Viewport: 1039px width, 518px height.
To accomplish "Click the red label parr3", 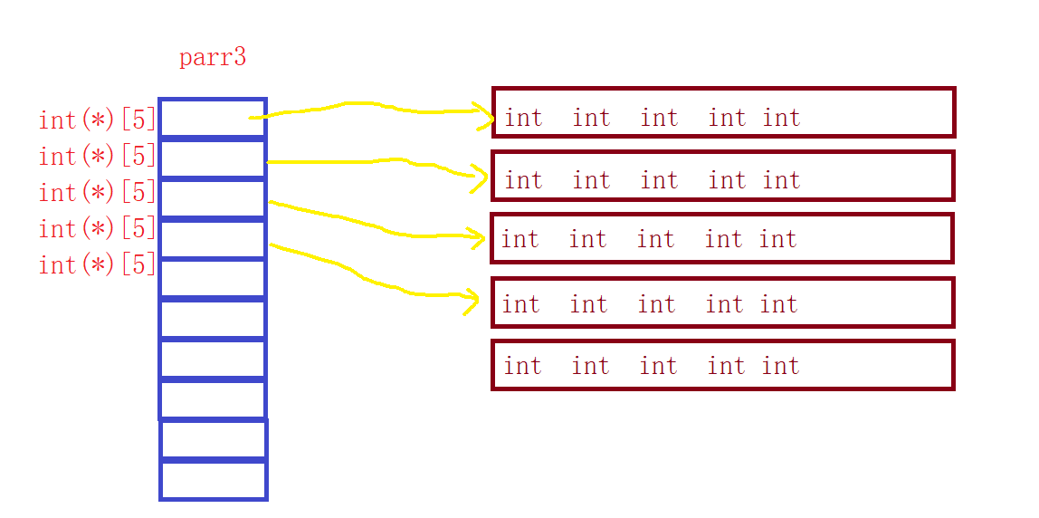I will [x=213, y=58].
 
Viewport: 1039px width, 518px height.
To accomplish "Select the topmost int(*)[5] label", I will [x=98, y=120].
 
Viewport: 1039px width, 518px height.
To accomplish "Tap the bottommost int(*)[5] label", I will [x=98, y=265].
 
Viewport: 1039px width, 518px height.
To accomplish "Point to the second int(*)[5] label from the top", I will [x=98, y=157].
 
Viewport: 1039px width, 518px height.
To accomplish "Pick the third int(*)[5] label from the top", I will [x=98, y=193].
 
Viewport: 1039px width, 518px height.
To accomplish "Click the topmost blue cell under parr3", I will [x=213, y=118].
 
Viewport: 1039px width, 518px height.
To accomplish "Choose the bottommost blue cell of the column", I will [x=214, y=480].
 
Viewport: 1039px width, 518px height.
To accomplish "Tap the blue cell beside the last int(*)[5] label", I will [x=213, y=278].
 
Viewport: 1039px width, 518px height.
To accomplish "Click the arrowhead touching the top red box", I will [x=486, y=115].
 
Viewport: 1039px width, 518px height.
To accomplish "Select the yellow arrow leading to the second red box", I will [x=380, y=163].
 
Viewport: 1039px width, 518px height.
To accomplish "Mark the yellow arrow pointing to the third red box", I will [x=380, y=226].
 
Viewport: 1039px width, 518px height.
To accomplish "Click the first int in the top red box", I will [x=523, y=118].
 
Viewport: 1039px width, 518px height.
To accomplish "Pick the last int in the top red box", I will [x=781, y=118].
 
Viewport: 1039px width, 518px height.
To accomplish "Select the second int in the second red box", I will [x=591, y=180].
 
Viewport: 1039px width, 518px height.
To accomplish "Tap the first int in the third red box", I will [x=519, y=239].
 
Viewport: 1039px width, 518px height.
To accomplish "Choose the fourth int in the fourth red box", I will [x=724, y=304].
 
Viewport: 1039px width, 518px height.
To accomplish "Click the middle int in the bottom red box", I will [x=658, y=366].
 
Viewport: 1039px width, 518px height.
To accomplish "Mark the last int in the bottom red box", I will [x=780, y=366].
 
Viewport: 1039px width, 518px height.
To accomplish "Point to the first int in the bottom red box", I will [x=522, y=366].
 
